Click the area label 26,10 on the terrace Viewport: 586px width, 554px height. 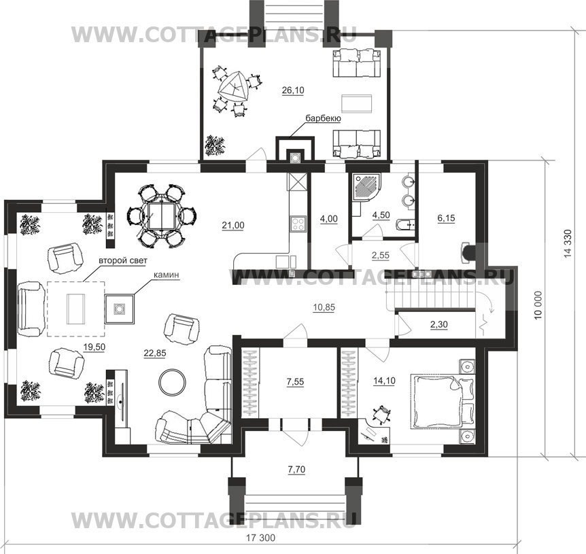click(x=293, y=90)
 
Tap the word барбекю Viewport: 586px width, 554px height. click(x=324, y=119)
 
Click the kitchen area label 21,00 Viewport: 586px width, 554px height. click(x=232, y=225)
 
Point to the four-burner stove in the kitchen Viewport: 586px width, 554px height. click(x=298, y=224)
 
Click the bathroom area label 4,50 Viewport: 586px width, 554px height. click(x=381, y=215)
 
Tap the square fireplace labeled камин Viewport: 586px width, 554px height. click(x=119, y=309)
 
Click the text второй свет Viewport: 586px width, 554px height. click(x=123, y=260)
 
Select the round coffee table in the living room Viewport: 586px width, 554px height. click(x=172, y=381)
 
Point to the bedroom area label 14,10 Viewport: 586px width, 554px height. click(x=384, y=381)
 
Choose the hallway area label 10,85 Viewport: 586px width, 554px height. click(x=324, y=308)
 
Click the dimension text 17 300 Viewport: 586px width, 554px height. click(x=260, y=538)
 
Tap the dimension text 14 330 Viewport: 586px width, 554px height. click(x=568, y=243)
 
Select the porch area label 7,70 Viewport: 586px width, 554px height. click(x=296, y=470)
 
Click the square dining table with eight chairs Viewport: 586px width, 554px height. click(x=161, y=217)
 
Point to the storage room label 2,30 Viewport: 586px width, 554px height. click(x=438, y=325)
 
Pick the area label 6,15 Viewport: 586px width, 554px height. click(x=446, y=218)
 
